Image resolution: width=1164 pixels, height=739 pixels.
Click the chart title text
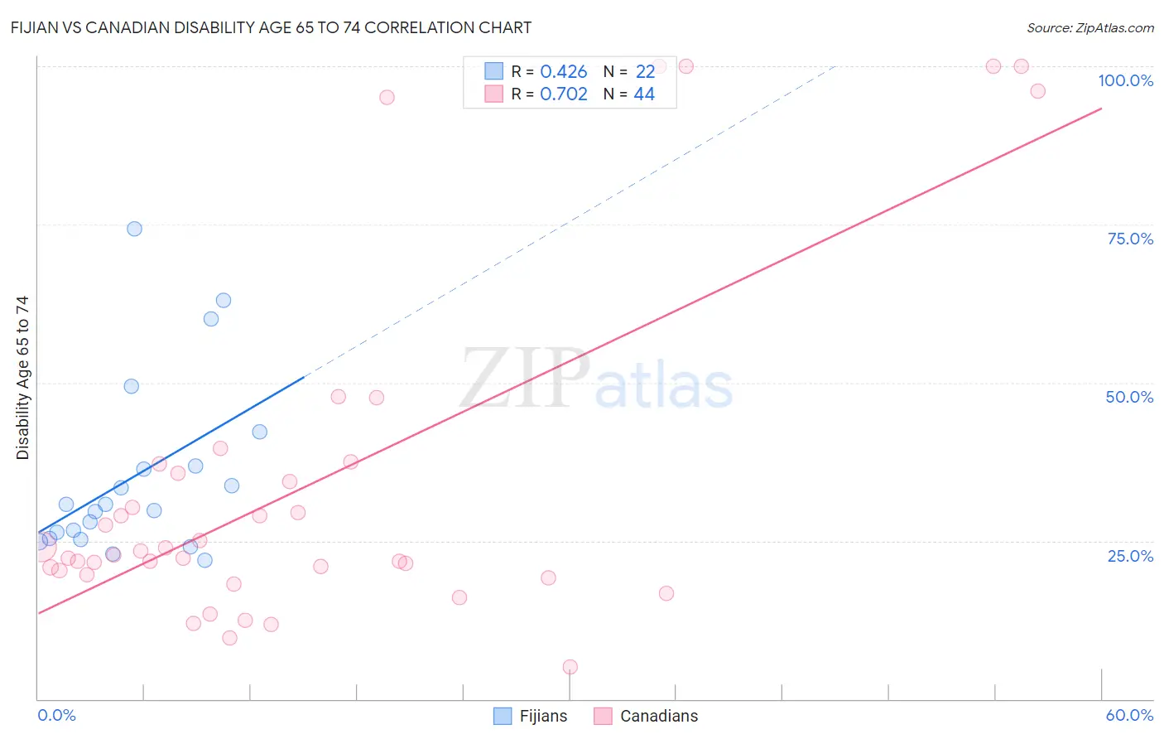[271, 27]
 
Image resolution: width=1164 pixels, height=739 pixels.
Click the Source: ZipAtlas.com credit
[1089, 27]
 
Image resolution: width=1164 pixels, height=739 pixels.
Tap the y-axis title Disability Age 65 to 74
[22, 378]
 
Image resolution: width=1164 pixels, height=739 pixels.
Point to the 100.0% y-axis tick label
[1125, 80]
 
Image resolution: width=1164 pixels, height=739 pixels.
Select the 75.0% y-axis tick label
[1130, 239]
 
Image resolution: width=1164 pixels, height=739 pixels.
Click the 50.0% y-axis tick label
[1129, 397]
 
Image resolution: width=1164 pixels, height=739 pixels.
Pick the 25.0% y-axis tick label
[1130, 555]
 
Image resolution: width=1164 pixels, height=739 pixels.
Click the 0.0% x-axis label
[56, 715]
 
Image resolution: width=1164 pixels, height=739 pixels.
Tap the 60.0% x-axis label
[1129, 715]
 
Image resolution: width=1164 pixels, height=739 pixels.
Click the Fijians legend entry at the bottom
[531, 716]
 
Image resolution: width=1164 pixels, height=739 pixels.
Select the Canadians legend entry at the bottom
[647, 716]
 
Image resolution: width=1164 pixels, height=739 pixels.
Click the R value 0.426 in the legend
[563, 72]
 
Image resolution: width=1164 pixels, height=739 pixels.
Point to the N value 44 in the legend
[644, 94]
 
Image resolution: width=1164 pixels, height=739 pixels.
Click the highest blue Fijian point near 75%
[134, 229]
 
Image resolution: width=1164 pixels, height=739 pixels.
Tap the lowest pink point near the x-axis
[570, 667]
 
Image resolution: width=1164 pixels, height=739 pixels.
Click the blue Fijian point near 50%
[131, 386]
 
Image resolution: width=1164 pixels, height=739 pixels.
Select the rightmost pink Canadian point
[1037, 91]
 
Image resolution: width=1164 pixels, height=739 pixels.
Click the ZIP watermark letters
[525, 379]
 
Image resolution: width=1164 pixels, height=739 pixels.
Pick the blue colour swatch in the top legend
[493, 71]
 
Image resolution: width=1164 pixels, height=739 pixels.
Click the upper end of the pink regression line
[1100, 109]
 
